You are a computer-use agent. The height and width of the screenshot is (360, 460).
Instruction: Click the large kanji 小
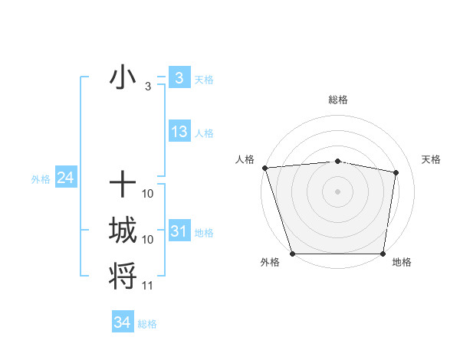coord(123,78)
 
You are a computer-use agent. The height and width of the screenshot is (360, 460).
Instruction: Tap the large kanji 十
coord(123,184)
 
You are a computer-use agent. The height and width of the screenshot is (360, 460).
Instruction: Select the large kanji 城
coord(123,230)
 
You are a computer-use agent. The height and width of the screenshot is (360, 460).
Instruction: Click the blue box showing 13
coord(179,132)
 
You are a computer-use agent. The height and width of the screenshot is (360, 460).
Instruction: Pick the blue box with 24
coord(65,178)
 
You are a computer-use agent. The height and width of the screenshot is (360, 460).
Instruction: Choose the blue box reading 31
coord(179,231)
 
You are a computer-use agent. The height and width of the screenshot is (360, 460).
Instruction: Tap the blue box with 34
coord(122,322)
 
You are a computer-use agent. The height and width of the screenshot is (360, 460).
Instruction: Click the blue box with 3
coord(179,77)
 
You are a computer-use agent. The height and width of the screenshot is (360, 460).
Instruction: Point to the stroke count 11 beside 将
coord(148,286)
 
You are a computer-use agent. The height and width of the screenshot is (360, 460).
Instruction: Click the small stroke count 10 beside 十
coord(148,194)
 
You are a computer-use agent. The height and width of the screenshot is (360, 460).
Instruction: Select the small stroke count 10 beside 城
coord(148,240)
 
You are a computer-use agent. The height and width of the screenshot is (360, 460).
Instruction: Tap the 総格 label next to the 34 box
coord(147,324)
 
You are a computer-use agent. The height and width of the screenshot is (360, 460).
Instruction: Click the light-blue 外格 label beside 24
coord(41,179)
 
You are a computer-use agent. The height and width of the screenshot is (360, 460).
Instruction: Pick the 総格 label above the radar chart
coord(337,100)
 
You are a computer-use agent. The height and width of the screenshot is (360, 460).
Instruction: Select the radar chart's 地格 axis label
coord(402,263)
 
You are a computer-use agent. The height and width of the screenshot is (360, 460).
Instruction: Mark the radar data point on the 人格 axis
coord(264,168)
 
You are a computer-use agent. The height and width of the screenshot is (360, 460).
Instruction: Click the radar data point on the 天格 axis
coord(396,172)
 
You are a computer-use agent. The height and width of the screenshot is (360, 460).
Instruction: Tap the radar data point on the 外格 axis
coord(292,254)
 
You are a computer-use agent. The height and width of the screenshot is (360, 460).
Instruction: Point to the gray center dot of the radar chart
coord(337,191)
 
